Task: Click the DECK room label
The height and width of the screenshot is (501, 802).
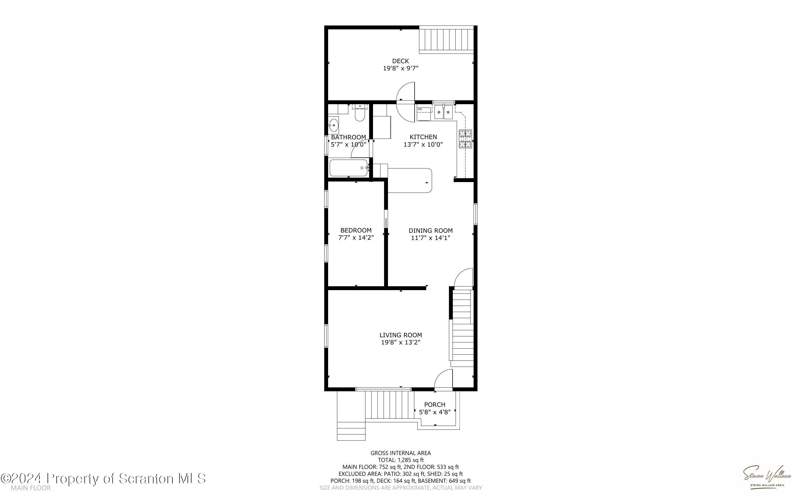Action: coord(400,61)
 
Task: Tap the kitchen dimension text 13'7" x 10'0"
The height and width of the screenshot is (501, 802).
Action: coord(423,144)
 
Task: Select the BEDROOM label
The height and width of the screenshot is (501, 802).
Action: coord(356,230)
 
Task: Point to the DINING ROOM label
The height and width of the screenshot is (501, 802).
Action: coord(430,231)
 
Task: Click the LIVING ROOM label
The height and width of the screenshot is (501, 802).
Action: coord(400,335)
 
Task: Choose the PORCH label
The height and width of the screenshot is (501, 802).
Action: coord(435,405)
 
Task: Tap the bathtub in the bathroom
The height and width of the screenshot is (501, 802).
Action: coord(349,168)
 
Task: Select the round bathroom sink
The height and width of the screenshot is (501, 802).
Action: coord(333,126)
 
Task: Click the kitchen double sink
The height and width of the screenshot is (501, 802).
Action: coord(444,112)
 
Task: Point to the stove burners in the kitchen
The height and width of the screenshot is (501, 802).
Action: coord(465,139)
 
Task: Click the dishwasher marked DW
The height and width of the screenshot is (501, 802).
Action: coord(424,114)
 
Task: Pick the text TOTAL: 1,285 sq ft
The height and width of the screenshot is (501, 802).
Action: coord(400,460)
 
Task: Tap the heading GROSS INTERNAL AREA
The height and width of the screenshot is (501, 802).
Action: coord(400,453)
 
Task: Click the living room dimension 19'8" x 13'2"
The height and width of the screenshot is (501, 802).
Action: coord(400,342)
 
